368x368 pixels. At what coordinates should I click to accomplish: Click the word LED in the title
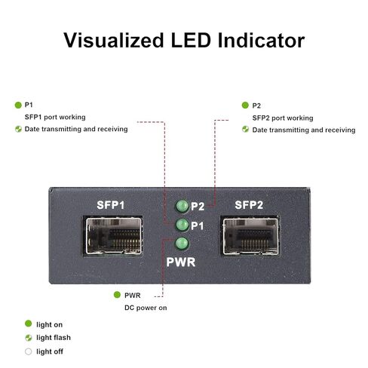coord(191,40)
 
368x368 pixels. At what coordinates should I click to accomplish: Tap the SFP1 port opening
coord(114,236)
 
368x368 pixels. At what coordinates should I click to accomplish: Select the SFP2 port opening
coord(250,237)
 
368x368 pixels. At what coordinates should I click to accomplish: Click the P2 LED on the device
coord(182,206)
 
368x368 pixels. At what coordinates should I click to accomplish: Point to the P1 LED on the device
coord(182,225)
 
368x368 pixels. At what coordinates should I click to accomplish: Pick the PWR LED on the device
coord(182,244)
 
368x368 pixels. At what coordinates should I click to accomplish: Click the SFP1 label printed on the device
coord(111,205)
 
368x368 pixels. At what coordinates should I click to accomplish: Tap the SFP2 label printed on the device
coord(249,205)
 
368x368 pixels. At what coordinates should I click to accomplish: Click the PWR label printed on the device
coord(181,262)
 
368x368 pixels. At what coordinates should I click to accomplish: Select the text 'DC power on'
coord(146,308)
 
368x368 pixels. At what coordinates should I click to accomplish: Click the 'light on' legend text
coord(49,324)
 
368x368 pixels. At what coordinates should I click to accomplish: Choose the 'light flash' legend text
coord(54,338)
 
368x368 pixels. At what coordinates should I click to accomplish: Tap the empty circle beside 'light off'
coord(29,351)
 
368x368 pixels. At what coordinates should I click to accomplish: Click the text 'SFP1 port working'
coord(55,117)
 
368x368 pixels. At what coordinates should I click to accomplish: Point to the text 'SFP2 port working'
coord(283,118)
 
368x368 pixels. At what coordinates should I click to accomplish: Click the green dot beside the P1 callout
coord(18,105)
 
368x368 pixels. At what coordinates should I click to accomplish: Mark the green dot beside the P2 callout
coord(245,105)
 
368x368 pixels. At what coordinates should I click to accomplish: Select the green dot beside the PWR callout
coord(117,295)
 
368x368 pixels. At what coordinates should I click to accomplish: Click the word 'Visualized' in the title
coord(114,40)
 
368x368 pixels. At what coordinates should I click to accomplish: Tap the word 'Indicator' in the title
coord(261,40)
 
